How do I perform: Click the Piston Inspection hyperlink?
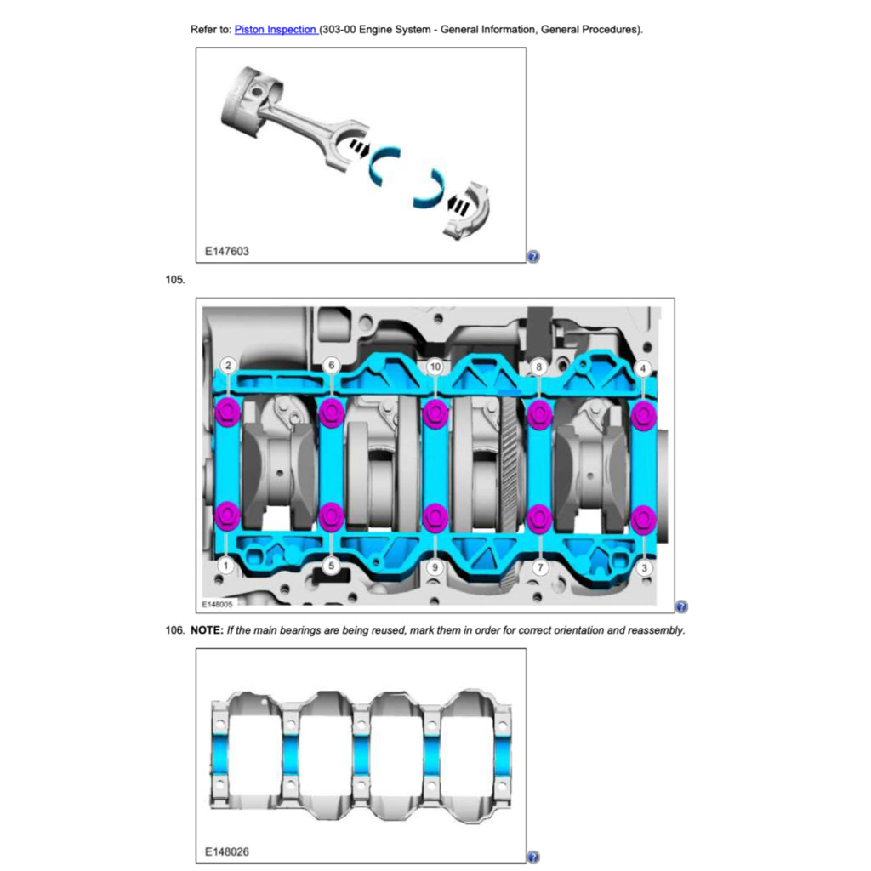pyautogui.click(x=276, y=30)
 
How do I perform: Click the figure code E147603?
pyautogui.click(x=226, y=251)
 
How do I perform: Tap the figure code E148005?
pyautogui.click(x=217, y=604)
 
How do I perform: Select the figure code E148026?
pyautogui.click(x=226, y=851)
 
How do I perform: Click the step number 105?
pyautogui.click(x=175, y=279)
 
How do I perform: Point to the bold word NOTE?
pyautogui.click(x=207, y=630)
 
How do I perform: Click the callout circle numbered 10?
pyautogui.click(x=435, y=367)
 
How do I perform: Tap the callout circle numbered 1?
pyautogui.click(x=225, y=566)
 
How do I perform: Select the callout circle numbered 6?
pyautogui.click(x=332, y=366)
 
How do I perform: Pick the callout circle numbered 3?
pyautogui.click(x=644, y=568)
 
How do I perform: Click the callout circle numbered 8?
pyautogui.click(x=538, y=367)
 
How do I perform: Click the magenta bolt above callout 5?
pyautogui.click(x=332, y=516)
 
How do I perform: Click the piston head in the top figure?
pyautogui.click(x=250, y=103)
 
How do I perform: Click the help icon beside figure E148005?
pyautogui.click(x=681, y=606)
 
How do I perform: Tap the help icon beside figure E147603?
pyautogui.click(x=533, y=257)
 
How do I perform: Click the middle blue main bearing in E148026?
pyautogui.click(x=361, y=754)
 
